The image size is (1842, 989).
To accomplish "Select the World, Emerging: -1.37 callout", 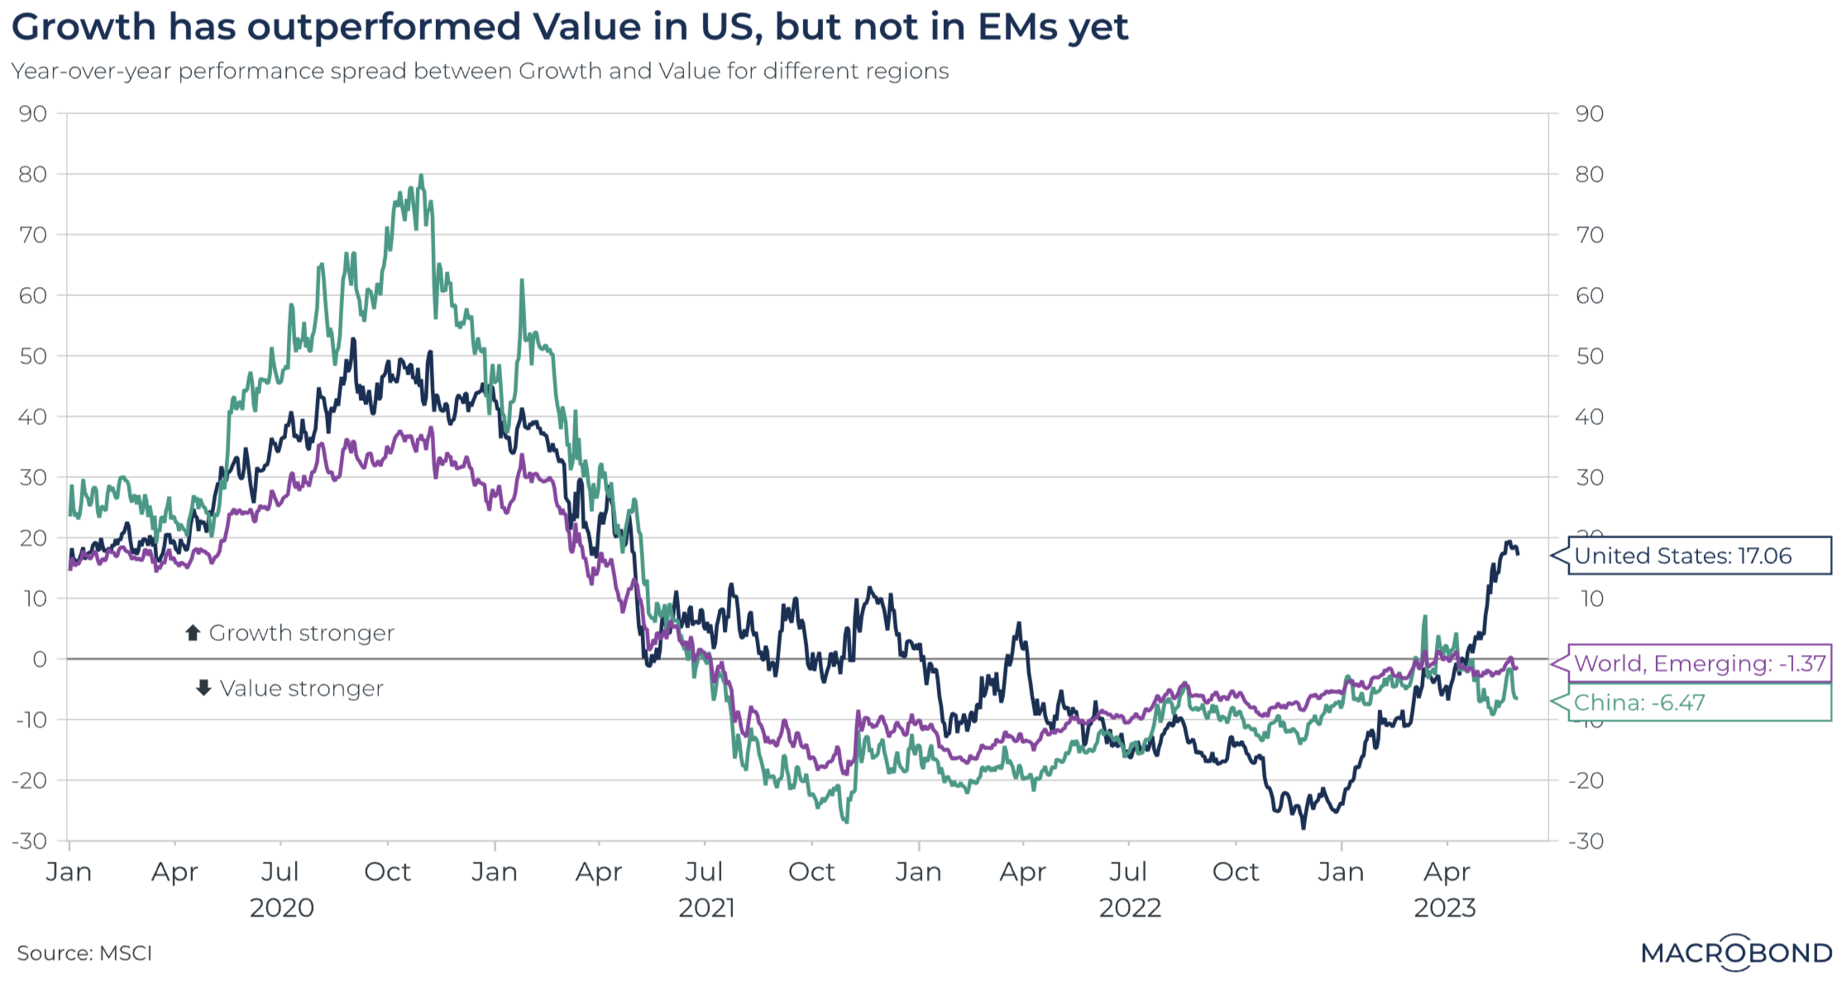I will pos(1699,663).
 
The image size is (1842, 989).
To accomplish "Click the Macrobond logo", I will pos(1736,953).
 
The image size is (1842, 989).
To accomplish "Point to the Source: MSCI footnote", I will pos(84,953).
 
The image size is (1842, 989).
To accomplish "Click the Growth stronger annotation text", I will pos(301,633).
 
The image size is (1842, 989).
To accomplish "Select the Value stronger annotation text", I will pos(301,689).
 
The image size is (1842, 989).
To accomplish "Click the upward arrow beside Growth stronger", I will pos(193,633).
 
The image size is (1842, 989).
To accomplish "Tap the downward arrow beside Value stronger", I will pos(203,688).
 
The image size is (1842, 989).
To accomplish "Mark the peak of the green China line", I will pos(421,175).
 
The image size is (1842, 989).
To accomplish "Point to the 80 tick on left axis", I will pos(33,174).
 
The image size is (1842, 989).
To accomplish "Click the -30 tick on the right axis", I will pos(1586,841).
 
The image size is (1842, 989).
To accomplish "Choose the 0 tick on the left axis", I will pos(40,659).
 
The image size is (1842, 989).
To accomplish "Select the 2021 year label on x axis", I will pos(706,908).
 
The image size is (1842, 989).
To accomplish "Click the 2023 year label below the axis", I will pos(1444,908).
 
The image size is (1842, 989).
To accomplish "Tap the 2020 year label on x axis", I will pos(282,908).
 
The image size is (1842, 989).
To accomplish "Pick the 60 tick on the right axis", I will pos(1589,296).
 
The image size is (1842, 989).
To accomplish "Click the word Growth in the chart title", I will pos(84,27).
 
